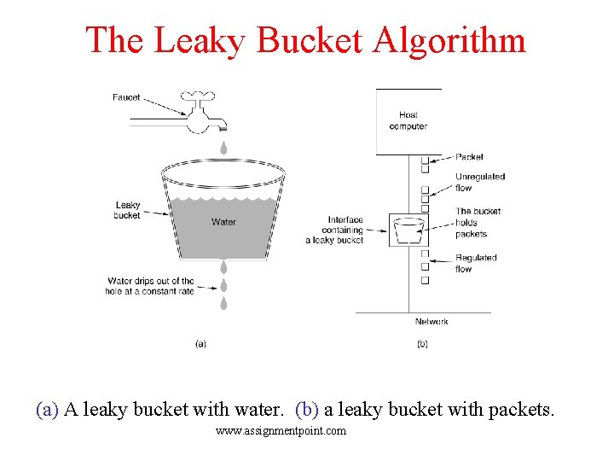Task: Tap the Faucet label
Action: click(x=126, y=97)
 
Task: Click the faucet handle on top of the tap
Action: click(x=201, y=94)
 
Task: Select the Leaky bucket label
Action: click(x=127, y=210)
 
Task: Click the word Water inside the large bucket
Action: click(x=223, y=222)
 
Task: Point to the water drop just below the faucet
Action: click(x=223, y=148)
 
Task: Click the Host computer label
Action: click(x=408, y=120)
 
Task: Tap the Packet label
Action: click(x=469, y=157)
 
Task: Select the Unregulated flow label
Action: click(x=479, y=182)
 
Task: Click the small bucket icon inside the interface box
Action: click(x=408, y=229)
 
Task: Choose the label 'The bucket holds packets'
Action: click(x=478, y=222)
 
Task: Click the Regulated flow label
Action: click(x=476, y=263)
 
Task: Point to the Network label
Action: click(x=432, y=322)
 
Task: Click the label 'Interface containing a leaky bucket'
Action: click(x=336, y=230)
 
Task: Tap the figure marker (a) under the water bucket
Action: click(x=200, y=344)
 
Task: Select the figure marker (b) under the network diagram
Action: click(x=422, y=344)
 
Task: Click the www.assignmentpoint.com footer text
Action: click(x=281, y=431)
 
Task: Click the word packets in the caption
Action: click(x=520, y=410)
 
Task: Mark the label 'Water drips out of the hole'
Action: click(x=151, y=286)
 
